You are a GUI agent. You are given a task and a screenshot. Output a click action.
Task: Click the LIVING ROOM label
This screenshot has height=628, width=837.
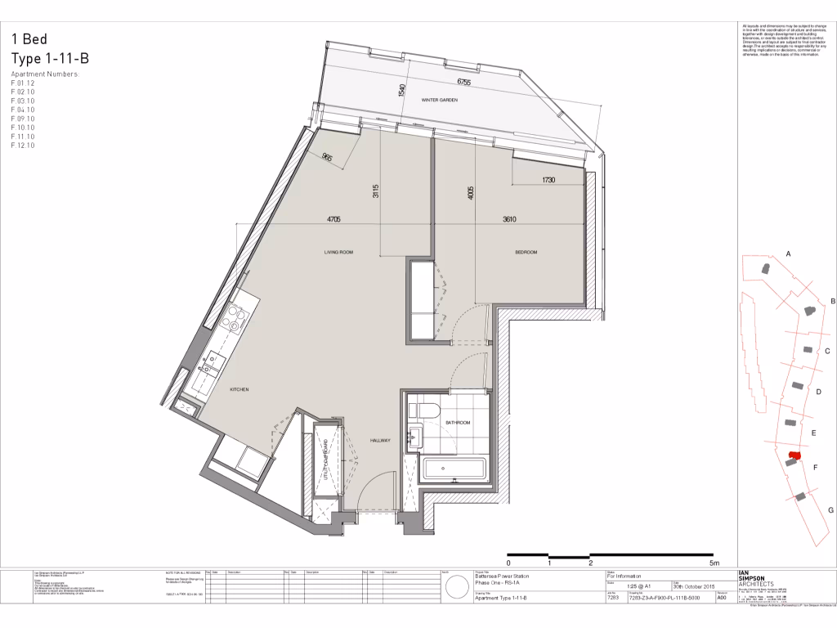point(338,253)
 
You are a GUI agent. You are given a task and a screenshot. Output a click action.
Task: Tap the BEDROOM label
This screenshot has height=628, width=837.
point(526,253)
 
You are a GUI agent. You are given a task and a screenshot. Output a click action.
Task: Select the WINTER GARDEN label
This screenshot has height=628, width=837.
point(439,100)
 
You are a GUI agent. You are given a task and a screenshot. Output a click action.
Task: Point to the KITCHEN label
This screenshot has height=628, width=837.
point(239,390)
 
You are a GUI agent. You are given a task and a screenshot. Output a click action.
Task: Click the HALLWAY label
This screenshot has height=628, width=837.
point(380,441)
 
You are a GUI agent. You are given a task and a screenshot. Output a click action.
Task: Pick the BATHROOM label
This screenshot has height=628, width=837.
point(458,423)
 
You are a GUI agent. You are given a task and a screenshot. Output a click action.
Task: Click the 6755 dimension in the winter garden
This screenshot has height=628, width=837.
point(464,83)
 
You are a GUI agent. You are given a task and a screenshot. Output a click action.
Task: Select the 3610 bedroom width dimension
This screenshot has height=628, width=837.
point(512,220)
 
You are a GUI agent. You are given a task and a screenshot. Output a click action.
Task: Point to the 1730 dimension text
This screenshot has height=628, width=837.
point(548,180)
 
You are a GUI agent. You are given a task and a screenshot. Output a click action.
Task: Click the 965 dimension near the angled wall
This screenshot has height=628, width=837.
point(327,159)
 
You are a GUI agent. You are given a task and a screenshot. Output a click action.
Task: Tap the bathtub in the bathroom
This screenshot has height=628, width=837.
point(454,469)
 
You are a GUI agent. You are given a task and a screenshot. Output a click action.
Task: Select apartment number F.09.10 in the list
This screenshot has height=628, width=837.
point(23,119)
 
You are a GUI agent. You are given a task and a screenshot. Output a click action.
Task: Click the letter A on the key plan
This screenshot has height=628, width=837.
point(789,254)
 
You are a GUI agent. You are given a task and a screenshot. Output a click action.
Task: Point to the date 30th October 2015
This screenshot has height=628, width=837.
point(694,585)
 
